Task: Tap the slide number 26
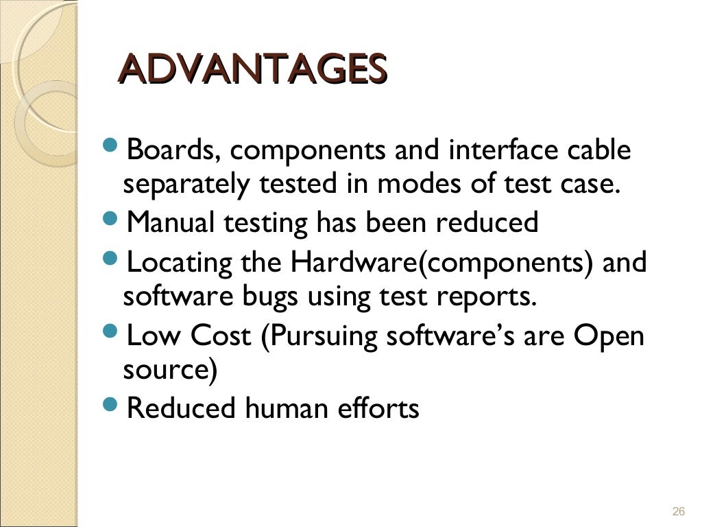[679, 511]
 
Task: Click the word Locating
[180, 263]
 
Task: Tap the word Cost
[221, 336]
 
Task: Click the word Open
[609, 336]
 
